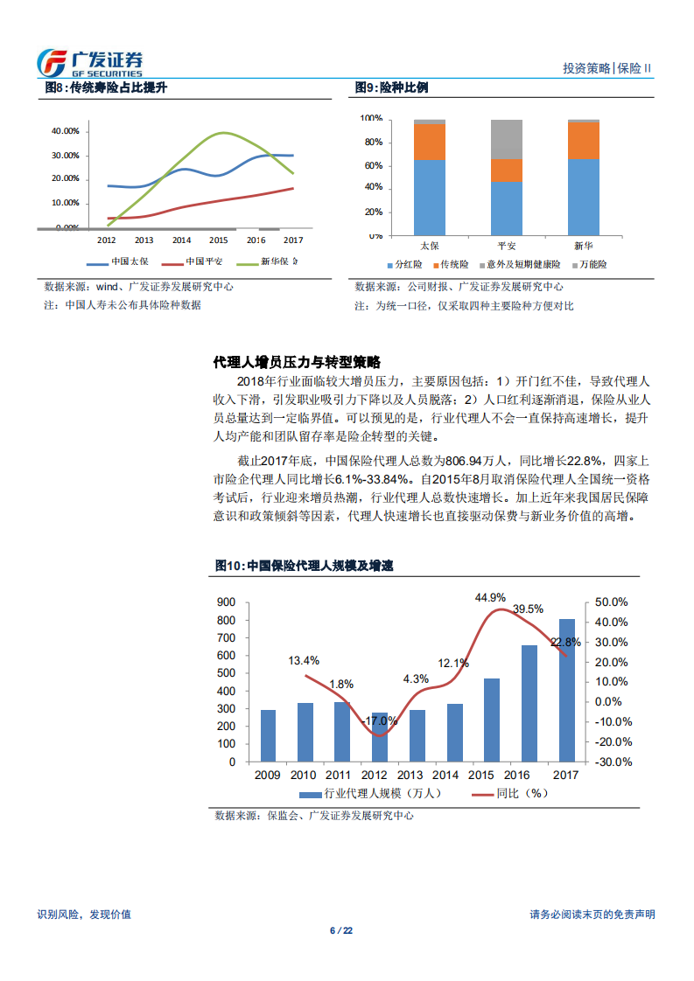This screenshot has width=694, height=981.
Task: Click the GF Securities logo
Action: [89, 63]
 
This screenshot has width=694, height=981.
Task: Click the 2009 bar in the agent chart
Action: [268, 735]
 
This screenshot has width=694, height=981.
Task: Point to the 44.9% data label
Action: [490, 597]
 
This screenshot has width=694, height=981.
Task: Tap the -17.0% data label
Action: [379, 721]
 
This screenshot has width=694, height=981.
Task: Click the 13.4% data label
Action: [304, 660]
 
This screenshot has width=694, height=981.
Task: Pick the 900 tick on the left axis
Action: [226, 602]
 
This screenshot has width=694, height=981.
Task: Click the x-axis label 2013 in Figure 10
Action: [410, 775]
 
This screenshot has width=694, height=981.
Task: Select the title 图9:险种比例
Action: [391, 88]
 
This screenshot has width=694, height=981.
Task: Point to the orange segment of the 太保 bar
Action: [430, 142]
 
